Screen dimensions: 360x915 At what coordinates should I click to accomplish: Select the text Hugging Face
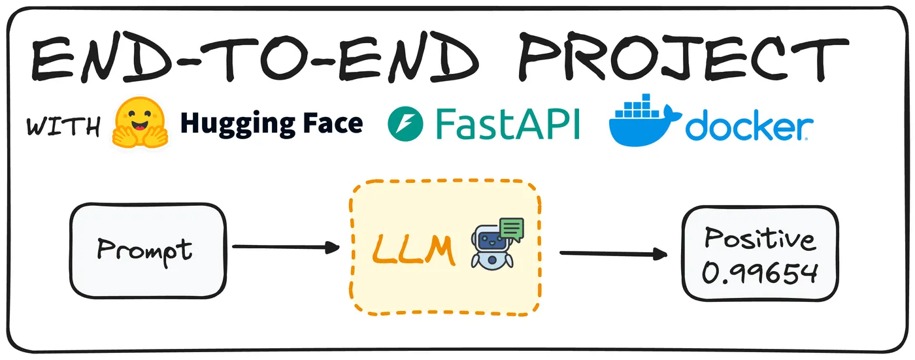point(271,123)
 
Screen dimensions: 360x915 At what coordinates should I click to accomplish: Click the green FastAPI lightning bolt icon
point(405,125)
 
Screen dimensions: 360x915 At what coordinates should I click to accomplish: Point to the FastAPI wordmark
point(507,124)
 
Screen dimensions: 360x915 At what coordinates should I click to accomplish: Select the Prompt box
point(147,250)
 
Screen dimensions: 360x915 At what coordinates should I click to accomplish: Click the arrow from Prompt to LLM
point(286,247)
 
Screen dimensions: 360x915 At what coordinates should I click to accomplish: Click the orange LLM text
point(413,250)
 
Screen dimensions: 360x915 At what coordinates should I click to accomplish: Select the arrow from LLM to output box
point(614,254)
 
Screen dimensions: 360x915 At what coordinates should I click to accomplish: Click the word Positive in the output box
point(760,240)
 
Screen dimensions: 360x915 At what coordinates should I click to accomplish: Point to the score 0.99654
point(760,272)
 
